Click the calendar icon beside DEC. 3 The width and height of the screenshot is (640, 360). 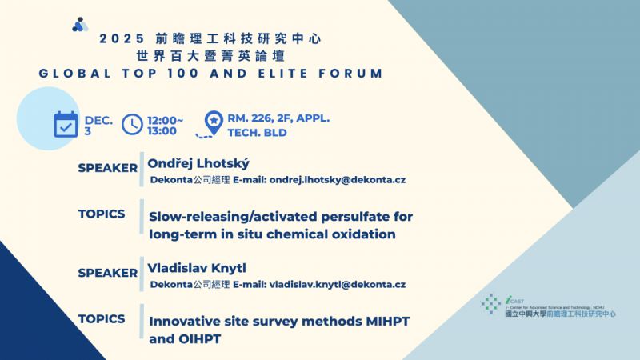coord(66,125)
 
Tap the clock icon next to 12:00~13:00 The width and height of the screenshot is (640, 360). coord(132,124)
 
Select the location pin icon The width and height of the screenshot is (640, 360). coord(213,123)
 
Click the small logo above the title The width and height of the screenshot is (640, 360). coord(80,25)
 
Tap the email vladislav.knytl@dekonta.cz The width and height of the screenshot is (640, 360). coord(337,284)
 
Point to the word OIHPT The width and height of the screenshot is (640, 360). coord(198,339)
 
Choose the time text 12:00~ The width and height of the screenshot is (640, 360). coord(166,118)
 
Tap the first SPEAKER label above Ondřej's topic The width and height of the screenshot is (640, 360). coord(107,168)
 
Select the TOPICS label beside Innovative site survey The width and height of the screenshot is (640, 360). coord(102,318)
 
